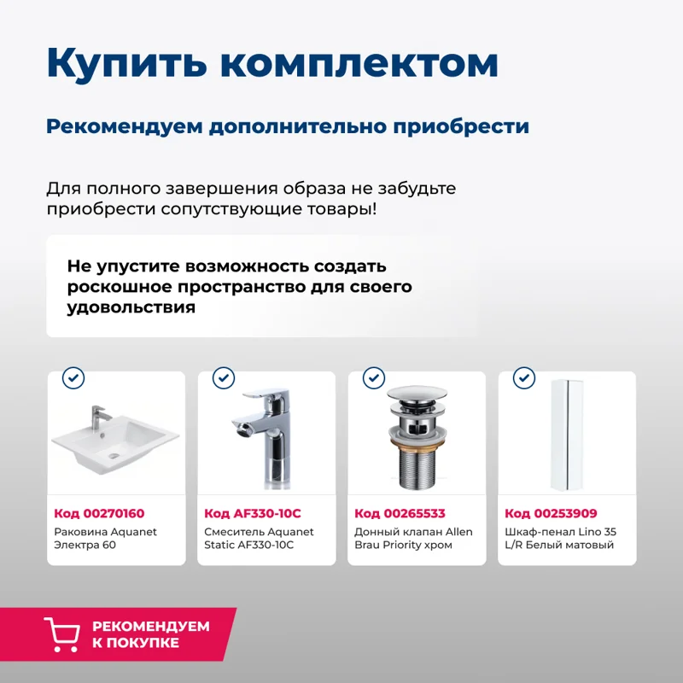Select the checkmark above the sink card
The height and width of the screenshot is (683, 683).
74,377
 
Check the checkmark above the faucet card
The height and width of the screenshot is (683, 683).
224,377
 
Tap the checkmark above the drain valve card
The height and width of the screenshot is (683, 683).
374,377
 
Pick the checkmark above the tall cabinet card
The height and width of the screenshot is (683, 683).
523,377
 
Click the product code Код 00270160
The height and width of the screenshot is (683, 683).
99,513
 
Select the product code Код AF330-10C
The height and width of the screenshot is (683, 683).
253,513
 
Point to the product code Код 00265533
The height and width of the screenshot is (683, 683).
400,513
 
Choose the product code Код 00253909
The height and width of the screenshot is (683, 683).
551,513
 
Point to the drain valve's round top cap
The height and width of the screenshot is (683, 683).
417,400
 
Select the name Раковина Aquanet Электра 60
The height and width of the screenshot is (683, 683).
105,538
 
